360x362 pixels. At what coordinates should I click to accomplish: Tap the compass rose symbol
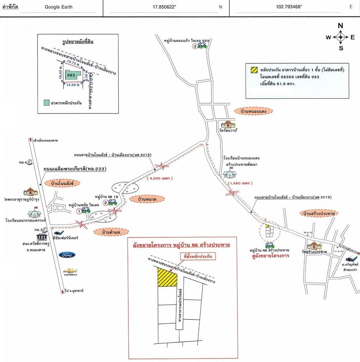pyautogui.click(x=340, y=37)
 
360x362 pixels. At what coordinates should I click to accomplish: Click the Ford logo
pyautogui.click(x=67, y=255)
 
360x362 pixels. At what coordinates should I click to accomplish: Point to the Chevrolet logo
pyautogui.click(x=70, y=271)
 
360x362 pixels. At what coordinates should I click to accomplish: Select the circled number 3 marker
pyautogui.click(x=195, y=46)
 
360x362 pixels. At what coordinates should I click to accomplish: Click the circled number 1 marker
pyautogui.click(x=79, y=211)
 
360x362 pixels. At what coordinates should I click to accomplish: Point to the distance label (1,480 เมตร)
pyautogui.click(x=240, y=183)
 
